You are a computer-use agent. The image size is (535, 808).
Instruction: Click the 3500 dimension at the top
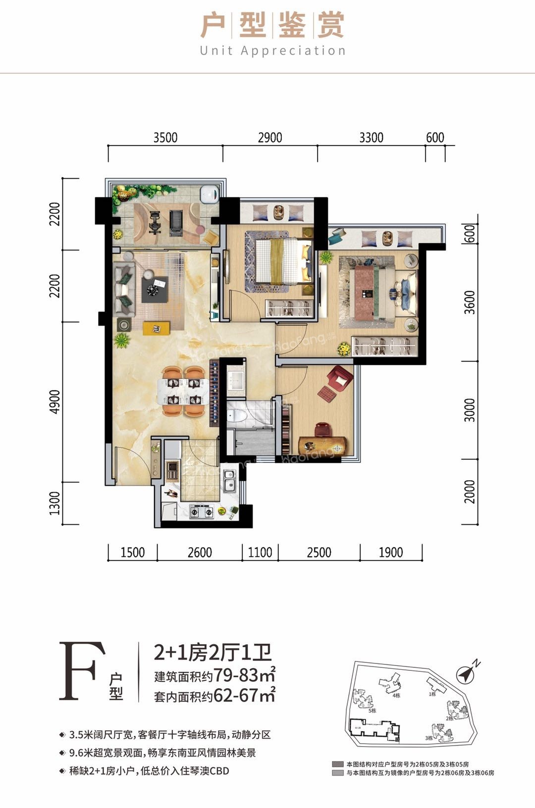pos(165,137)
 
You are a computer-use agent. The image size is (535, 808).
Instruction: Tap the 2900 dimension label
pos(270,137)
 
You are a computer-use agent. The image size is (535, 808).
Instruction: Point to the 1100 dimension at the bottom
pos(260,552)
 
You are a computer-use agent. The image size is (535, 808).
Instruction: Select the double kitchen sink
pos(229,481)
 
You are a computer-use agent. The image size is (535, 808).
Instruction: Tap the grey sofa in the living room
pos(125,290)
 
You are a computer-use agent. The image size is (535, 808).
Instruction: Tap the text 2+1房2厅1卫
pos(213,653)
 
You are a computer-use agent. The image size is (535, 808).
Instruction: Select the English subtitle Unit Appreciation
pos(273,50)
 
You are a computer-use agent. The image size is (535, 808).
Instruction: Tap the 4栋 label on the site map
pos(396,696)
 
